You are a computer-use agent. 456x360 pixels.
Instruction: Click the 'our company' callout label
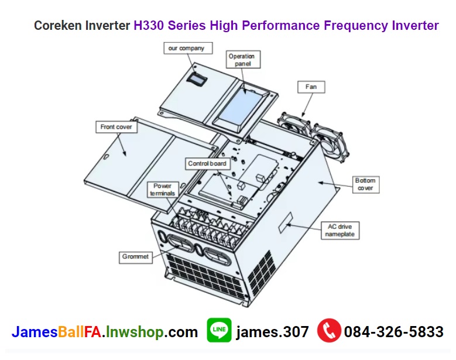pyautogui.click(x=186, y=48)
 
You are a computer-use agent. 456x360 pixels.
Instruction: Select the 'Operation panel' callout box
pyautogui.click(x=242, y=60)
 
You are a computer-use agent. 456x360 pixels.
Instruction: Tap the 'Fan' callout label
pyautogui.click(x=311, y=87)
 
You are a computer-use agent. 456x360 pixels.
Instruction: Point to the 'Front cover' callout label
pyautogui.click(x=116, y=126)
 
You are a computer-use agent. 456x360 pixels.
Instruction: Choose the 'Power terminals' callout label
pyautogui.click(x=162, y=190)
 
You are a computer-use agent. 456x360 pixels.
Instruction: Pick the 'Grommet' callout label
pyautogui.click(x=136, y=256)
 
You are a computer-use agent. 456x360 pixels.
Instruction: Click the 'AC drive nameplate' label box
pyautogui.click(x=340, y=230)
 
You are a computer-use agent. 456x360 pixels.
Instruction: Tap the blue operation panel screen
pyautogui.click(x=246, y=106)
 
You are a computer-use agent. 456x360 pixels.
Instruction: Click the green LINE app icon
pyautogui.click(x=219, y=331)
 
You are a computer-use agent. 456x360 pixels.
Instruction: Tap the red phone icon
pyautogui.click(x=329, y=331)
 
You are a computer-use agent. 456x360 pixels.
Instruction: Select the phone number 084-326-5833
pyautogui.click(x=393, y=332)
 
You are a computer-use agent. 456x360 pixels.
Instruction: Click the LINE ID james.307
pyautogui.click(x=272, y=332)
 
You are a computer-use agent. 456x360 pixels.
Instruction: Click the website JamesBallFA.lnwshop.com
pyautogui.click(x=105, y=332)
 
